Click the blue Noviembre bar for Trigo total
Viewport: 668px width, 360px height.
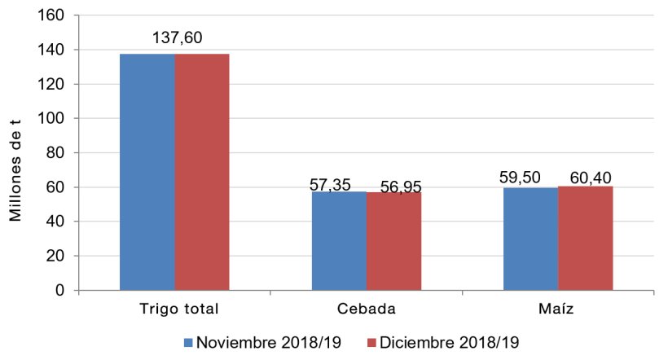coord(147,172)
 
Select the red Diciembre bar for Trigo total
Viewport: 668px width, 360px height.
coord(202,172)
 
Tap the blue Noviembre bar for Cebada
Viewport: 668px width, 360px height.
coord(339,240)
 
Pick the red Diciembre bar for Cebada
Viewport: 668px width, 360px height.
coord(393,241)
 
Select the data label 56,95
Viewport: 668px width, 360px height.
coord(398,187)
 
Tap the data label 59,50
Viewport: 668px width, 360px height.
coord(525,178)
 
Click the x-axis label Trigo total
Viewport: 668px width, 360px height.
coord(174,310)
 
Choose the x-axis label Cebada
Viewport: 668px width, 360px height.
coord(366,310)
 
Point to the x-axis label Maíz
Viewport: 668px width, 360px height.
coord(558,310)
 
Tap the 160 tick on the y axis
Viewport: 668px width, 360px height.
coord(55,15)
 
